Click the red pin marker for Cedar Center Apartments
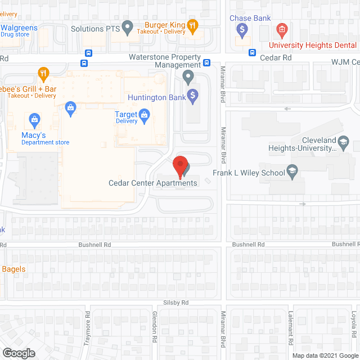pos(179,165)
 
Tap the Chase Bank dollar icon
pos(243,30)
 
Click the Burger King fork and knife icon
pos(192,25)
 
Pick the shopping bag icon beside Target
pos(145,116)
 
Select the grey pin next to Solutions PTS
pos(128,26)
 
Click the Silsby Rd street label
pos(177,302)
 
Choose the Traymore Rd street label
pos(87,327)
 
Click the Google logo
pos(18,353)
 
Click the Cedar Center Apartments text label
pos(153,183)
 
